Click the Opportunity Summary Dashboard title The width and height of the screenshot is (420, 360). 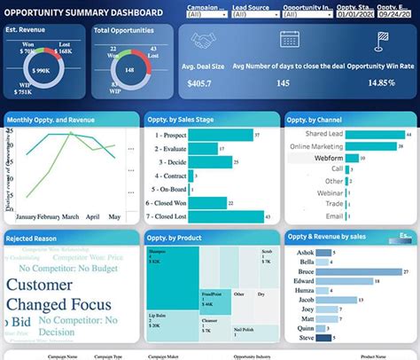point(85,12)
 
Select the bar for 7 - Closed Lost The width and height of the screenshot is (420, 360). point(228,216)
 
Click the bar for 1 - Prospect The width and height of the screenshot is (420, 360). point(222,135)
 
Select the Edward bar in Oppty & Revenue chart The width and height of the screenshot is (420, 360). point(351,283)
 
